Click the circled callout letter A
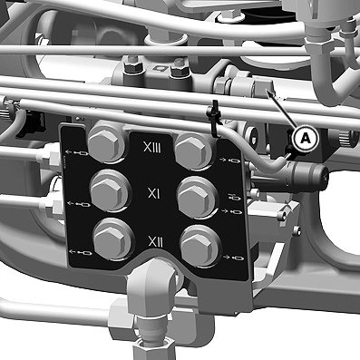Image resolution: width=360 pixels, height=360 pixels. click(306, 139)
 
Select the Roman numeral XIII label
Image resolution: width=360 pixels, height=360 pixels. click(152, 148)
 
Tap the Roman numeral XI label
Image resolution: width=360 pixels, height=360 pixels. click(153, 194)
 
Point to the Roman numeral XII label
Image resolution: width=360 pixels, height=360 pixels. click(156, 242)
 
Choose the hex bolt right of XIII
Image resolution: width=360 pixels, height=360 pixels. click(193, 149)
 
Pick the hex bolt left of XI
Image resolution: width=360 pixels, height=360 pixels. click(110, 190)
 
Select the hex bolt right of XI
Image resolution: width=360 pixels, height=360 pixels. click(197, 197)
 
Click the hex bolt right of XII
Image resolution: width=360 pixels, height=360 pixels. click(199, 245)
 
